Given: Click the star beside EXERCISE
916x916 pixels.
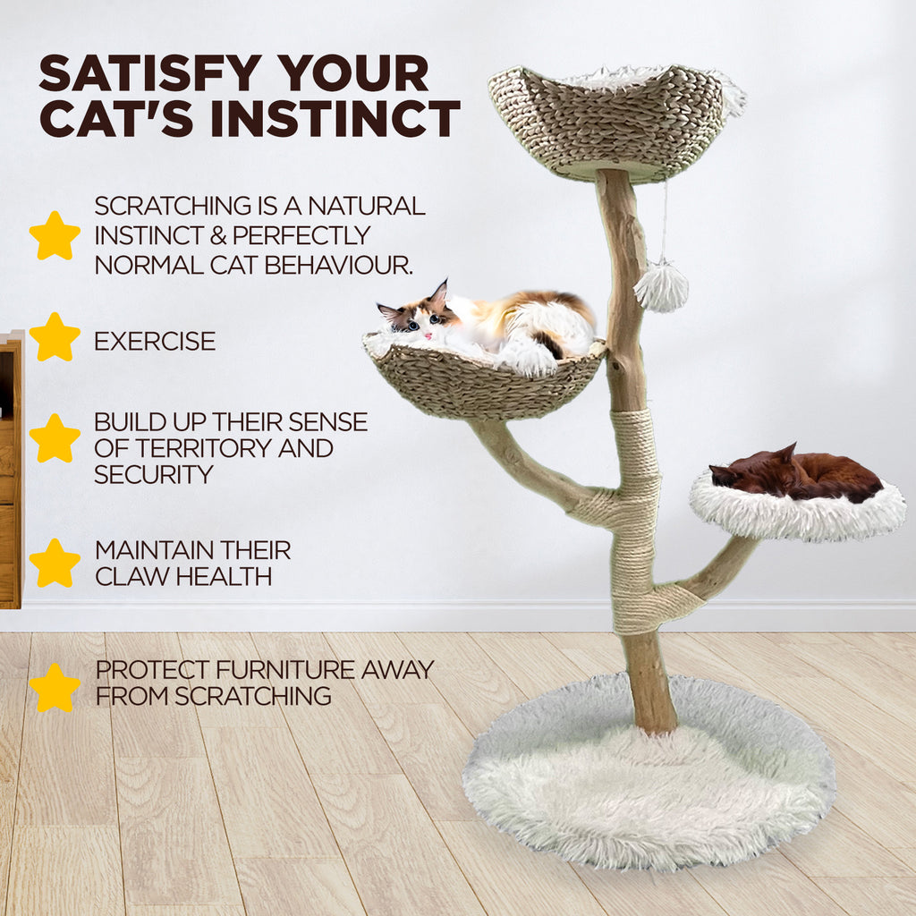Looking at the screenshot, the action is (x=55, y=337).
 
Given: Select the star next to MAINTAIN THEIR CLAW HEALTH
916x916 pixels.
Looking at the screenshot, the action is (x=55, y=564).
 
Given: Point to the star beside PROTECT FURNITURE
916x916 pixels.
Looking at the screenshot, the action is (x=55, y=688).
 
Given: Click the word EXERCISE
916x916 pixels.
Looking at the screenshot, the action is (x=155, y=341).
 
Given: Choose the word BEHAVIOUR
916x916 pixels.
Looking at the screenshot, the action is (x=339, y=265).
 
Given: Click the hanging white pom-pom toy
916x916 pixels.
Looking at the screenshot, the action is (x=661, y=286).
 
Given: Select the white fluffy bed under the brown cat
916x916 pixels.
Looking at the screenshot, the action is (x=797, y=508).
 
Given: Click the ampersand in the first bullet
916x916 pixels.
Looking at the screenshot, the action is (x=218, y=236).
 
